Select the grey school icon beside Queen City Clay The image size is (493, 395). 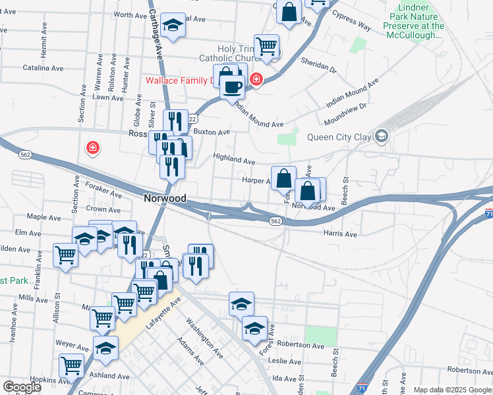pyautogui.click(x=381, y=137)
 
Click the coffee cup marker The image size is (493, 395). pyautogui.click(x=231, y=87)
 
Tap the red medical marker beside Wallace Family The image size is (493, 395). pyautogui.click(x=256, y=80)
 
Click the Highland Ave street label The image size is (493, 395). pyautogui.click(x=233, y=160)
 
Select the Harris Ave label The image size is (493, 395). pyautogui.click(x=340, y=234)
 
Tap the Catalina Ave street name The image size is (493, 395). pyautogui.click(x=43, y=68)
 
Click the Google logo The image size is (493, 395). pyautogui.click(x=22, y=387)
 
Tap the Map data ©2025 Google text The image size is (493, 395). pyautogui.click(x=452, y=390)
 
